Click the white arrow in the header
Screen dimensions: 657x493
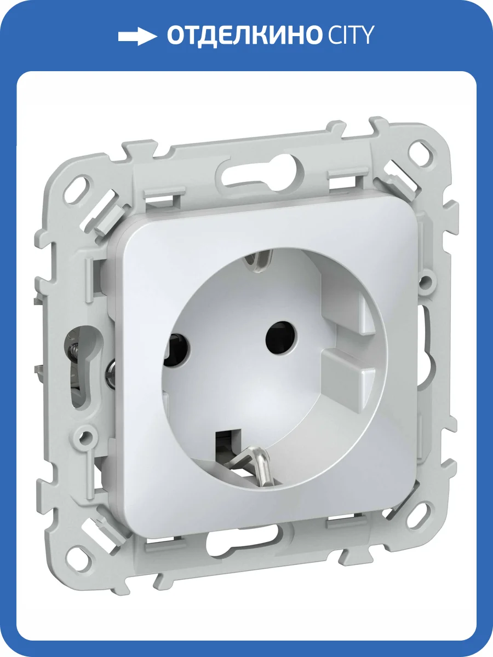(137, 37)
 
